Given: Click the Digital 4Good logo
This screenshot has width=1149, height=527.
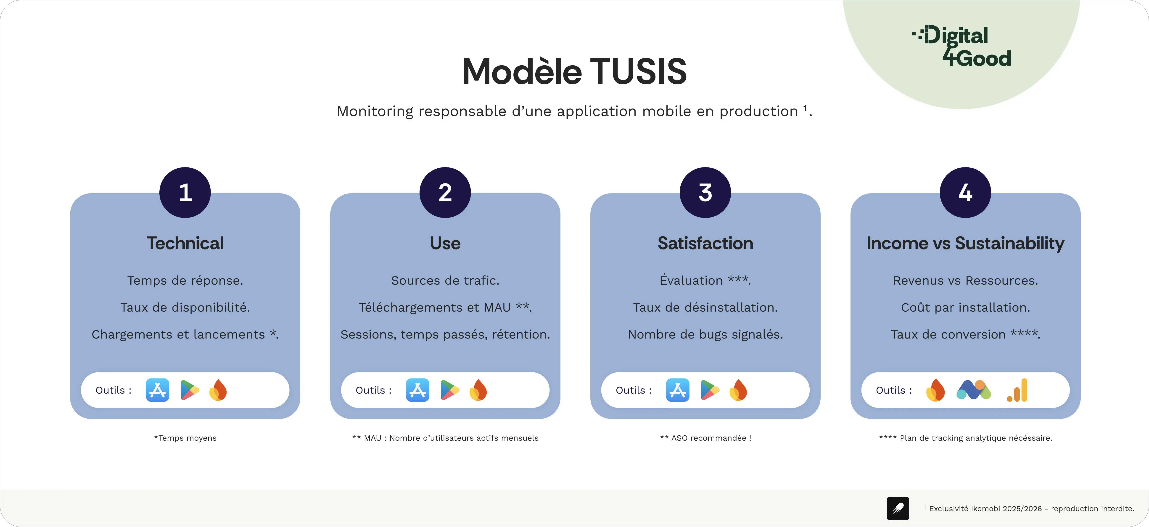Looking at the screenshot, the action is (962, 46).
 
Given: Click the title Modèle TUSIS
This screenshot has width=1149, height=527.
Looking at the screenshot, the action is (575, 72).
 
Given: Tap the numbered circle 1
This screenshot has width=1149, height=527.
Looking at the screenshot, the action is (185, 192).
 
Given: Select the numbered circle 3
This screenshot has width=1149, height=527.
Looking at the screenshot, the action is (705, 192).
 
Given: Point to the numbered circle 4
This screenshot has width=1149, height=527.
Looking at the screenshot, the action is (965, 192).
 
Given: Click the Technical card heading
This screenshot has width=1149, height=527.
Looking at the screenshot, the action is (185, 243).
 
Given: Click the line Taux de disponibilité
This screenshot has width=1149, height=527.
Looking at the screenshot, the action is (185, 307).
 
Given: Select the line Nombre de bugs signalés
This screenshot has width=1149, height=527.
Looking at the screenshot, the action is (705, 335).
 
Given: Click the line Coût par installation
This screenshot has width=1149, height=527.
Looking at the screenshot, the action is (965, 307).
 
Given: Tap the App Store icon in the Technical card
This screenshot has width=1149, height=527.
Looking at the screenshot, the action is (157, 390).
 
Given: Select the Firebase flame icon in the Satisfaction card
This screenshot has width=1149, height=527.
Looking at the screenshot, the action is (738, 390).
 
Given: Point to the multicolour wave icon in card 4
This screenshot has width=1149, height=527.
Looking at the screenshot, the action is (974, 390).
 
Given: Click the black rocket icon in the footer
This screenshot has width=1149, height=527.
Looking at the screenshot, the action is (898, 508).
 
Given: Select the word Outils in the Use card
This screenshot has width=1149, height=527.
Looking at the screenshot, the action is (370, 390).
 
